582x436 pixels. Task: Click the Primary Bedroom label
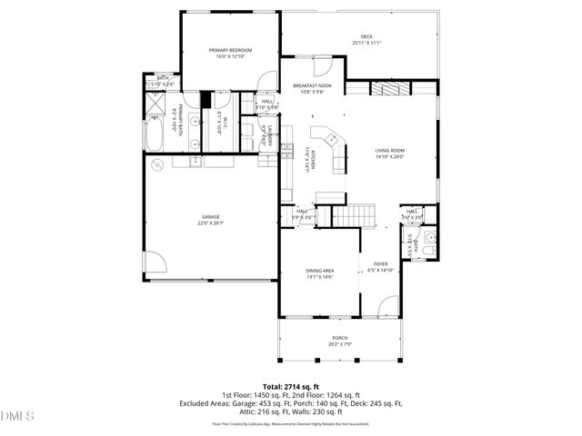pos(230,53)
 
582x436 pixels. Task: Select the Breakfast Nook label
pos(311,88)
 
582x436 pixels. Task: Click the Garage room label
pos(211,219)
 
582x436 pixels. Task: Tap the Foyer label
pos(380,267)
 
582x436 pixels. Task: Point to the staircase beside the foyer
pos(351,215)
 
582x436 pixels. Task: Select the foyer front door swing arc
pos(389,307)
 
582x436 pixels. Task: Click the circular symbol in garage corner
pos(157,165)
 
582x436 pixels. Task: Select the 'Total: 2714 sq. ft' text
pos(291,386)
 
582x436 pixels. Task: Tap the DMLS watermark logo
pos(15,416)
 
